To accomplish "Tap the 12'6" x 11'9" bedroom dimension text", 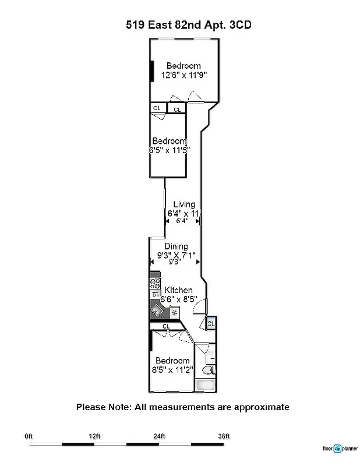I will click(184, 75).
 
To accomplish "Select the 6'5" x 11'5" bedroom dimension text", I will click(170, 150).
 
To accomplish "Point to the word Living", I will click(184, 204).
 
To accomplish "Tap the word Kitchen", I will click(179, 290).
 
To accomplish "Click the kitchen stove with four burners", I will click(155, 284).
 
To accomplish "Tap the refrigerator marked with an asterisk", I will click(174, 313).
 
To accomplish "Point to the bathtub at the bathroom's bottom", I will click(206, 385).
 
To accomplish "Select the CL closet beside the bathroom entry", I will click(211, 323).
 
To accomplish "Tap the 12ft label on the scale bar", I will click(94, 436).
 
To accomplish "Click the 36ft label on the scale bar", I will click(224, 436).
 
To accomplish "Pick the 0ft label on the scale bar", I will click(29, 436).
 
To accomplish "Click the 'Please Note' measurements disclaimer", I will click(182, 407).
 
